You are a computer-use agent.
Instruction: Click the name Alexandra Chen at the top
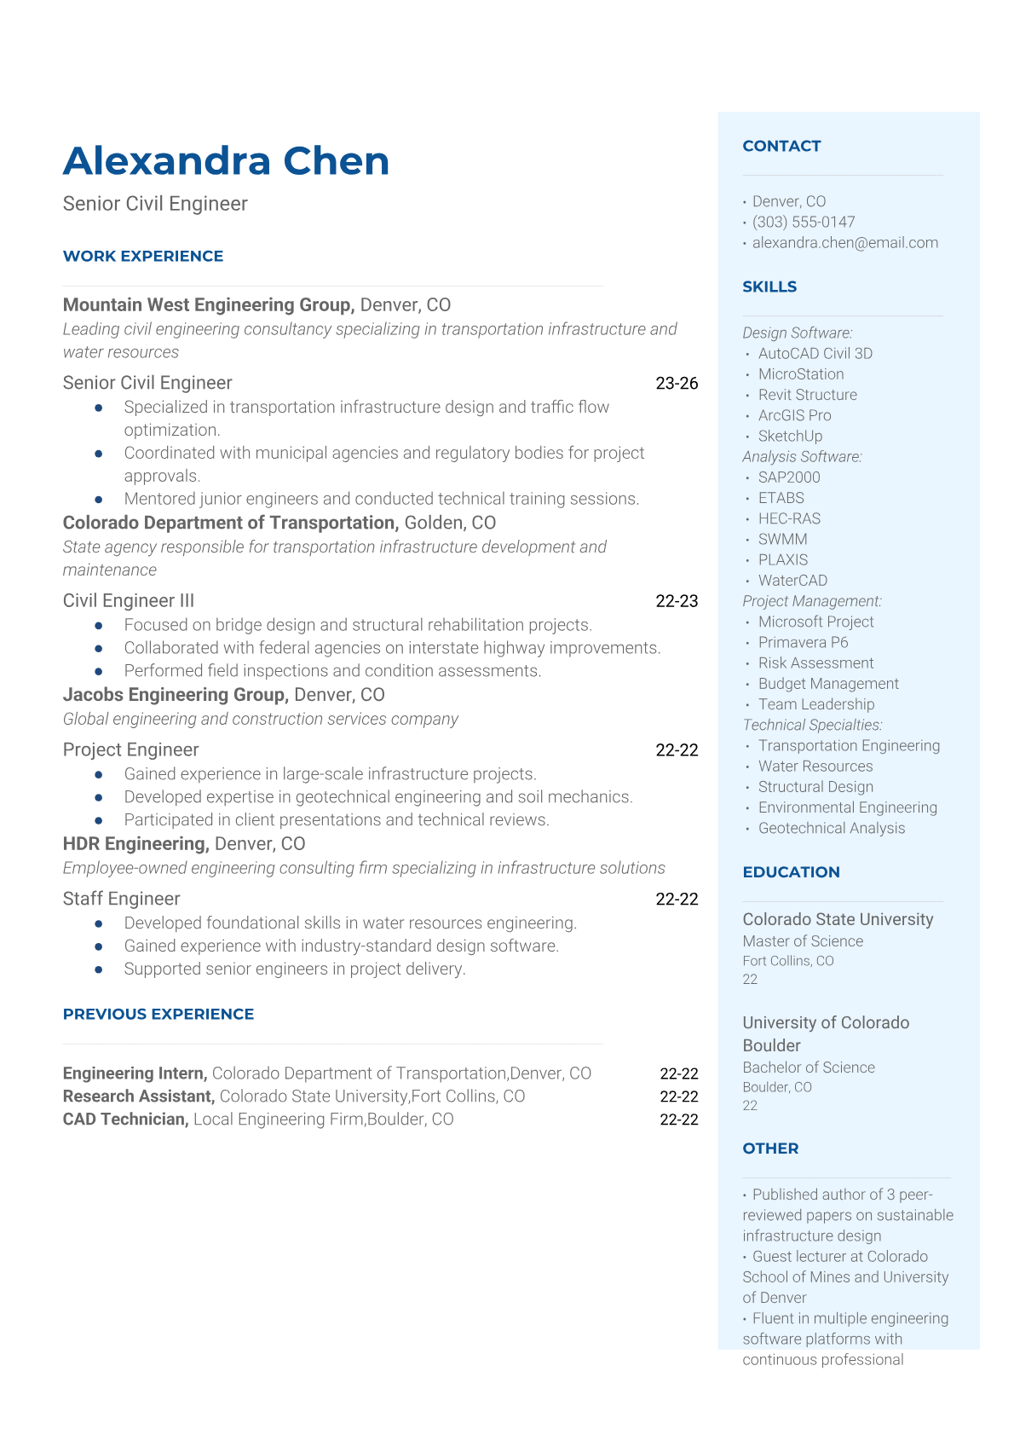pos(226,161)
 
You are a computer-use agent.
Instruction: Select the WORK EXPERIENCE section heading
pos(143,256)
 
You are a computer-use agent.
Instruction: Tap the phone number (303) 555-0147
pos(803,222)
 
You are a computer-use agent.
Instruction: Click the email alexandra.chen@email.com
pos(844,242)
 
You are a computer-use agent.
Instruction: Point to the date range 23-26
pos(677,384)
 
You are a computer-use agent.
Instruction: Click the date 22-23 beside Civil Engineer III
pos(677,601)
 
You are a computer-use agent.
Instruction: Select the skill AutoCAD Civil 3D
pos(815,353)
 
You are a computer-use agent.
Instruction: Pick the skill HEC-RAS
pos(789,518)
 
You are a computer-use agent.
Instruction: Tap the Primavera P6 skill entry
pos(803,642)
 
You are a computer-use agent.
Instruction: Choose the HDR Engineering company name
pos(135,844)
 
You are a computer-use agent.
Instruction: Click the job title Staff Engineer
pos(121,899)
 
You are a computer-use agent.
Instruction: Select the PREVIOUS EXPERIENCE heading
pos(158,1014)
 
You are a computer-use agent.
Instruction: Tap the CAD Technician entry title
pos(125,1120)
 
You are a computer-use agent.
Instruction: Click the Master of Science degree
pos(803,941)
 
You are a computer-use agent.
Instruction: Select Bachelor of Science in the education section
pos(809,1068)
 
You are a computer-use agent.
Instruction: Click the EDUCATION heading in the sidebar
pos(791,871)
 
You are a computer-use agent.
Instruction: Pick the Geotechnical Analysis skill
pos(831,828)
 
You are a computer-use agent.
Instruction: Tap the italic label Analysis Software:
pos(802,456)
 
